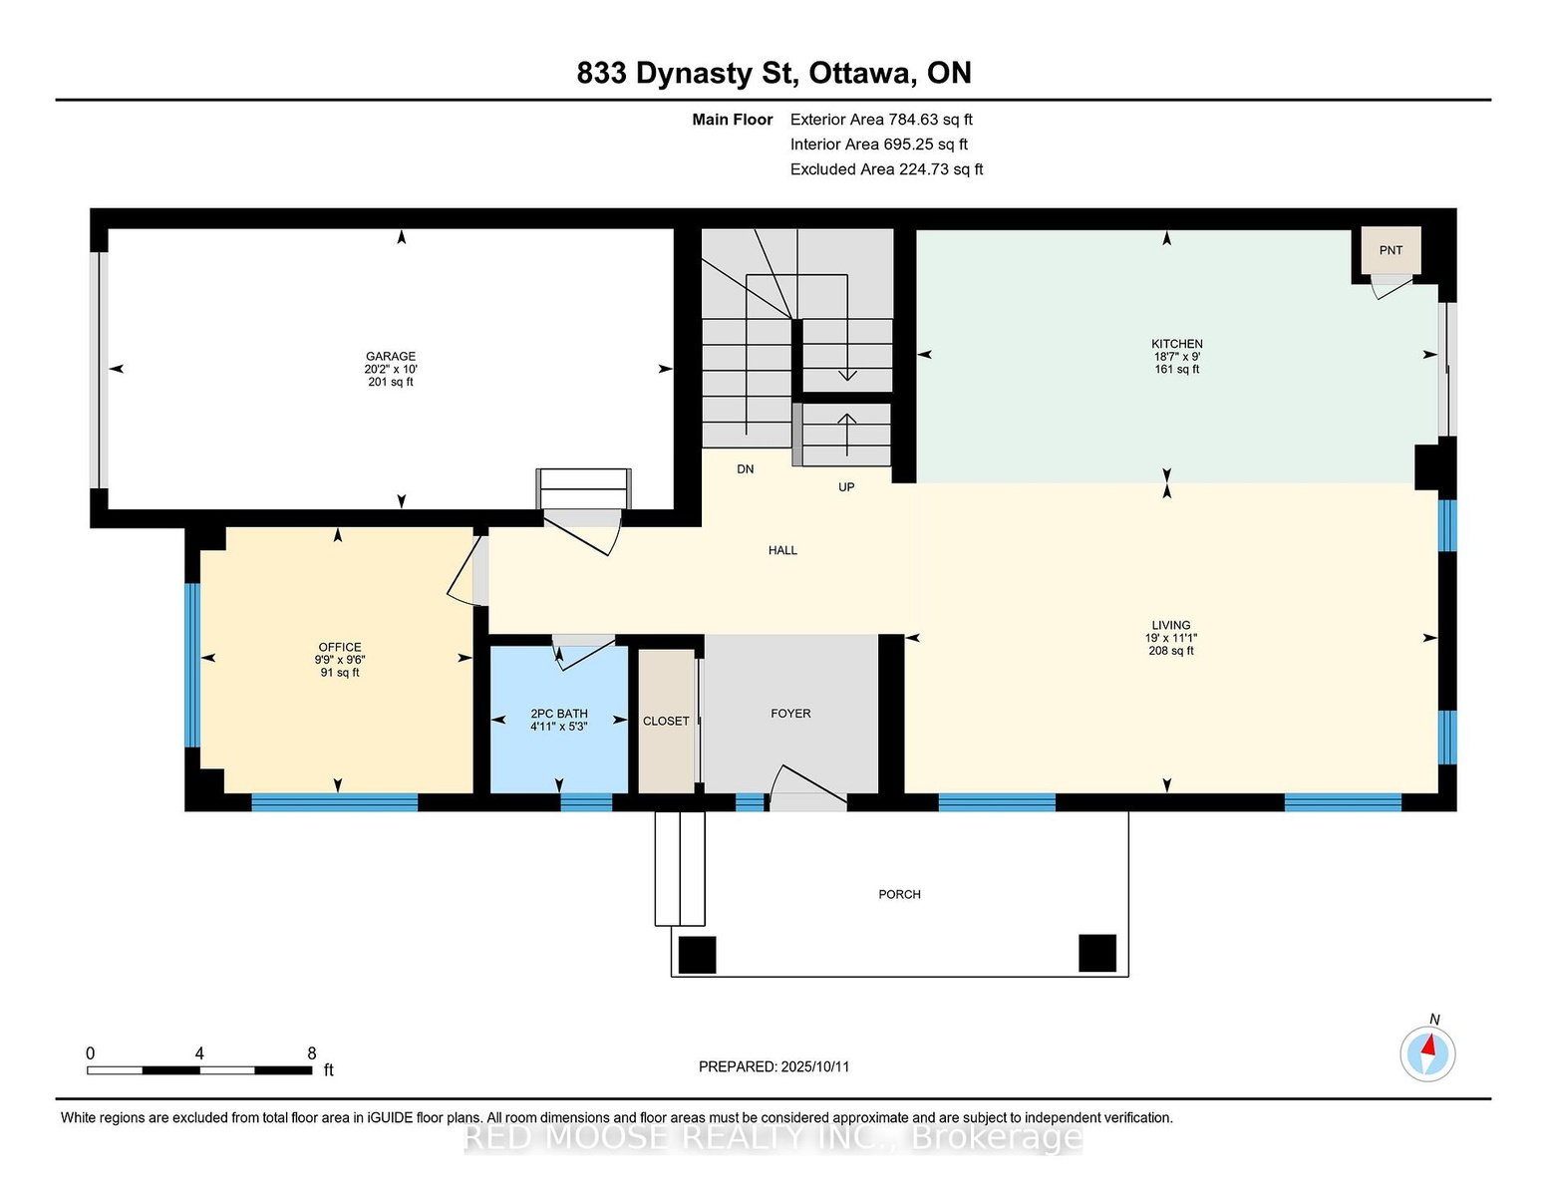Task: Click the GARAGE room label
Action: coord(390,356)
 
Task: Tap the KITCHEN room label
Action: coord(1177,344)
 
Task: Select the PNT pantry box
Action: coord(1391,250)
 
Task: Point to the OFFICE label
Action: coord(340,647)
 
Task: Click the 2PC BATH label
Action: coord(559,714)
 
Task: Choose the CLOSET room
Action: coord(666,721)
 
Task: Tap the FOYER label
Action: coord(790,713)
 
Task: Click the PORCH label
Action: coord(899,894)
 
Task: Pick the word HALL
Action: coord(782,550)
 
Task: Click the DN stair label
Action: coord(746,468)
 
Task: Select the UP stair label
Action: coord(845,486)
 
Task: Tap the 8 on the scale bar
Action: coord(311,1053)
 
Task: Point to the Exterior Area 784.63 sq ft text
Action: coord(881,120)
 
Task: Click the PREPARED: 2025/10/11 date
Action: coord(773,1066)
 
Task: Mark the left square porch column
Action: coord(697,955)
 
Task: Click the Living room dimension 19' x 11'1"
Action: coord(1171,638)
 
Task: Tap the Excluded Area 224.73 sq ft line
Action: coord(886,169)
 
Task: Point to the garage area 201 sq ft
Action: coord(390,382)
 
